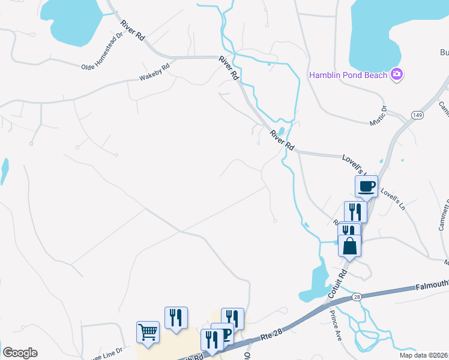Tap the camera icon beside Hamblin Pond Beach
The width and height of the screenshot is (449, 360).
pos(396,74)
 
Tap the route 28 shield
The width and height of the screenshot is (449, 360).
pos(357,298)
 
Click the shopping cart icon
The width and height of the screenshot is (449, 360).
pos(148,331)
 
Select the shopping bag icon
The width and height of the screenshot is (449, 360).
pos(349,245)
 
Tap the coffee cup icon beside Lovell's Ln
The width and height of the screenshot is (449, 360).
pos(366,185)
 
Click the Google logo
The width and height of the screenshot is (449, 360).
pos(19,352)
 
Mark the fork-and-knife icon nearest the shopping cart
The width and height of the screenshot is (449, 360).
pos(176,317)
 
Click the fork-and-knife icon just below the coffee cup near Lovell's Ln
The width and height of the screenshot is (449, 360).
pos(355,212)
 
